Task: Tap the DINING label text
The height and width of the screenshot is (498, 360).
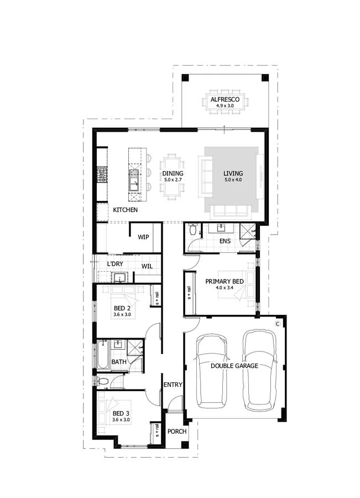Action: click(x=173, y=173)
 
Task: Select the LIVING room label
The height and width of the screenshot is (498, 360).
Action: click(x=233, y=173)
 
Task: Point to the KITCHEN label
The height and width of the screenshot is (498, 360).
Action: click(x=126, y=210)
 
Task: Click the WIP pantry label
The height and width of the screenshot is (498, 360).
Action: click(x=144, y=237)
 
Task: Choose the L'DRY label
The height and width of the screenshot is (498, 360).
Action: click(x=116, y=264)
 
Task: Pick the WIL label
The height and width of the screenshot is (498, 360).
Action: click(x=147, y=266)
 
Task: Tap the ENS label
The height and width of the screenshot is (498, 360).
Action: click(x=225, y=241)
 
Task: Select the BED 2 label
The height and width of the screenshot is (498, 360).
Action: click(x=122, y=308)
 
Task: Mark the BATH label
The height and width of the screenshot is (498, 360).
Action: click(x=119, y=362)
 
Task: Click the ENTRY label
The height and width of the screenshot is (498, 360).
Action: click(x=173, y=384)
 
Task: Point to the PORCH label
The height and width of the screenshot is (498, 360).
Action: click(x=177, y=432)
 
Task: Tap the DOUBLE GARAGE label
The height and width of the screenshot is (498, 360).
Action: click(x=234, y=366)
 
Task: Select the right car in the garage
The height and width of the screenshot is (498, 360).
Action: click(x=260, y=366)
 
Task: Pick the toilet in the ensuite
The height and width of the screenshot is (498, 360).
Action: click(x=192, y=229)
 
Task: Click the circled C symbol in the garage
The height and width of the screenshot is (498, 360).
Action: click(x=278, y=322)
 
